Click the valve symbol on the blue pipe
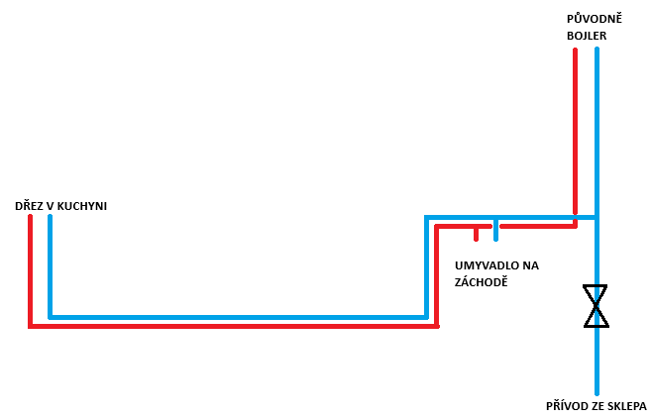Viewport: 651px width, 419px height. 596,306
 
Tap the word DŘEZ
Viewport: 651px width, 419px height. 28,206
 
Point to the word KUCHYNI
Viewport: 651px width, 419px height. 81,206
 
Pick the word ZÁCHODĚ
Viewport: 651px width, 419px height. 481,282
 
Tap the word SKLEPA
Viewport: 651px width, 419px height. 625,406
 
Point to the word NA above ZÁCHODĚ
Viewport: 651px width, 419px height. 531,265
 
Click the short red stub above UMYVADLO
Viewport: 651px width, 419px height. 477,234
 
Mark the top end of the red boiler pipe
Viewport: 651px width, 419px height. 575,50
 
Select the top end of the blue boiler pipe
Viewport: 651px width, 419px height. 597,50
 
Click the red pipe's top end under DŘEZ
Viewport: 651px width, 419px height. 30,217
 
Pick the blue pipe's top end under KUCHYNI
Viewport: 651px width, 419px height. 50,217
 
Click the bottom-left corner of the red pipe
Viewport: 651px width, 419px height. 31,326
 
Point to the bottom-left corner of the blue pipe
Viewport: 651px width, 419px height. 51,317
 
